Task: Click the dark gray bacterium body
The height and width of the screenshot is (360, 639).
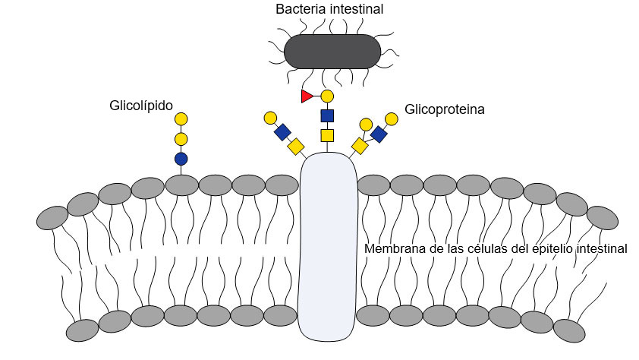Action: (x=332, y=51)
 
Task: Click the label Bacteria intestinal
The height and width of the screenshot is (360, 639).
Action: (x=329, y=10)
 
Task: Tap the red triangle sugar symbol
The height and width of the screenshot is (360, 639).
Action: (x=307, y=96)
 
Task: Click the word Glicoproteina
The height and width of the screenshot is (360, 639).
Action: (x=445, y=109)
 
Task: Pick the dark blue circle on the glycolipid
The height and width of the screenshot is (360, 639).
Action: (x=181, y=159)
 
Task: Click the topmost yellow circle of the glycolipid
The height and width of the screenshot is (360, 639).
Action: (x=181, y=118)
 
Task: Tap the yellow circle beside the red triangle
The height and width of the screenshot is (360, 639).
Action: (x=328, y=96)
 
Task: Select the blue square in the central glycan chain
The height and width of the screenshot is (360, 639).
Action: (x=328, y=116)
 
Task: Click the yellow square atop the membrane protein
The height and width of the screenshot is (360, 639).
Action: (x=328, y=136)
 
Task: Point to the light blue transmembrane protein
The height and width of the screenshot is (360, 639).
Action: (x=328, y=243)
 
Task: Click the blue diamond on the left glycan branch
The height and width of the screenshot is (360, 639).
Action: (x=282, y=132)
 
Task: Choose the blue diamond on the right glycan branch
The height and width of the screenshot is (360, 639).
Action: (x=379, y=134)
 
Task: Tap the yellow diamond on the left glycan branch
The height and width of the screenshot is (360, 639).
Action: (x=295, y=146)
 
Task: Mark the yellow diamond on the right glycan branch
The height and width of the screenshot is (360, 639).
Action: (x=360, y=145)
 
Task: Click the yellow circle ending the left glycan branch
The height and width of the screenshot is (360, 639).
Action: (x=270, y=118)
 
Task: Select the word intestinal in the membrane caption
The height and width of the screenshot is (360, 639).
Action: (x=601, y=249)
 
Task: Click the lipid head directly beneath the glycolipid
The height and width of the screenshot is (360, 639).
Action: (x=181, y=185)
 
